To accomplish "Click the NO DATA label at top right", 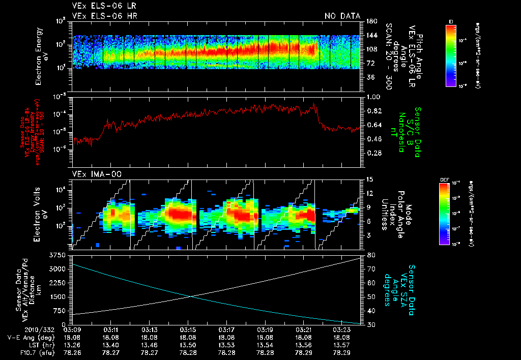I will point(342,16).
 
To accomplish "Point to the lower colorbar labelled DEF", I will point(444,214).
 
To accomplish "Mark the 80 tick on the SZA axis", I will point(371,255).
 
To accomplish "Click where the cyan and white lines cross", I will point(190,296).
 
